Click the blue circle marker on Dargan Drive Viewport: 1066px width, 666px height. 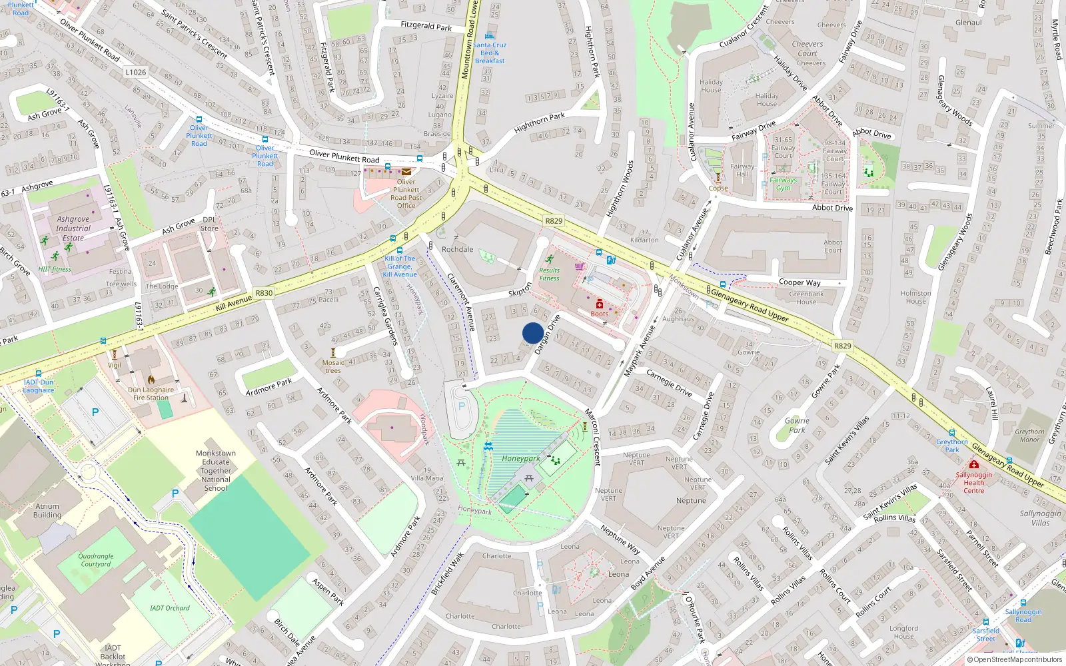point(533,333)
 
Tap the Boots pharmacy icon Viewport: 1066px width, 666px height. point(599,304)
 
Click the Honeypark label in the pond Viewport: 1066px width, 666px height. point(521,458)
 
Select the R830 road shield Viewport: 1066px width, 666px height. point(264,292)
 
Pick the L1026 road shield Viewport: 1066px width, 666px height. point(135,72)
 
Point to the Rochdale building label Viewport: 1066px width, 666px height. point(457,249)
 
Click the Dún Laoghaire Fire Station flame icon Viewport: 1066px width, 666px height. point(151,379)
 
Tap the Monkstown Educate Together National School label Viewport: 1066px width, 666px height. point(215,470)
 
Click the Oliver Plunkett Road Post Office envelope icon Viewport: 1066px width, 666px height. point(406,172)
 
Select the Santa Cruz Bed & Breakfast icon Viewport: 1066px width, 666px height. point(490,36)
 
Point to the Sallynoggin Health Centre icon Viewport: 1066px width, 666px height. point(973,464)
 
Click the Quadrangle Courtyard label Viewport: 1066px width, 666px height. point(96,560)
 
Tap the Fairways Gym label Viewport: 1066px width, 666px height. point(783,184)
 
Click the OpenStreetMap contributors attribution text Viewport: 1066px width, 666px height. point(1014,659)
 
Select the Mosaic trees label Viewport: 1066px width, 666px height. point(333,367)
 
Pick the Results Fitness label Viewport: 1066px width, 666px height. point(549,274)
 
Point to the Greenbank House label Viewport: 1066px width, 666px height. point(806,298)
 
